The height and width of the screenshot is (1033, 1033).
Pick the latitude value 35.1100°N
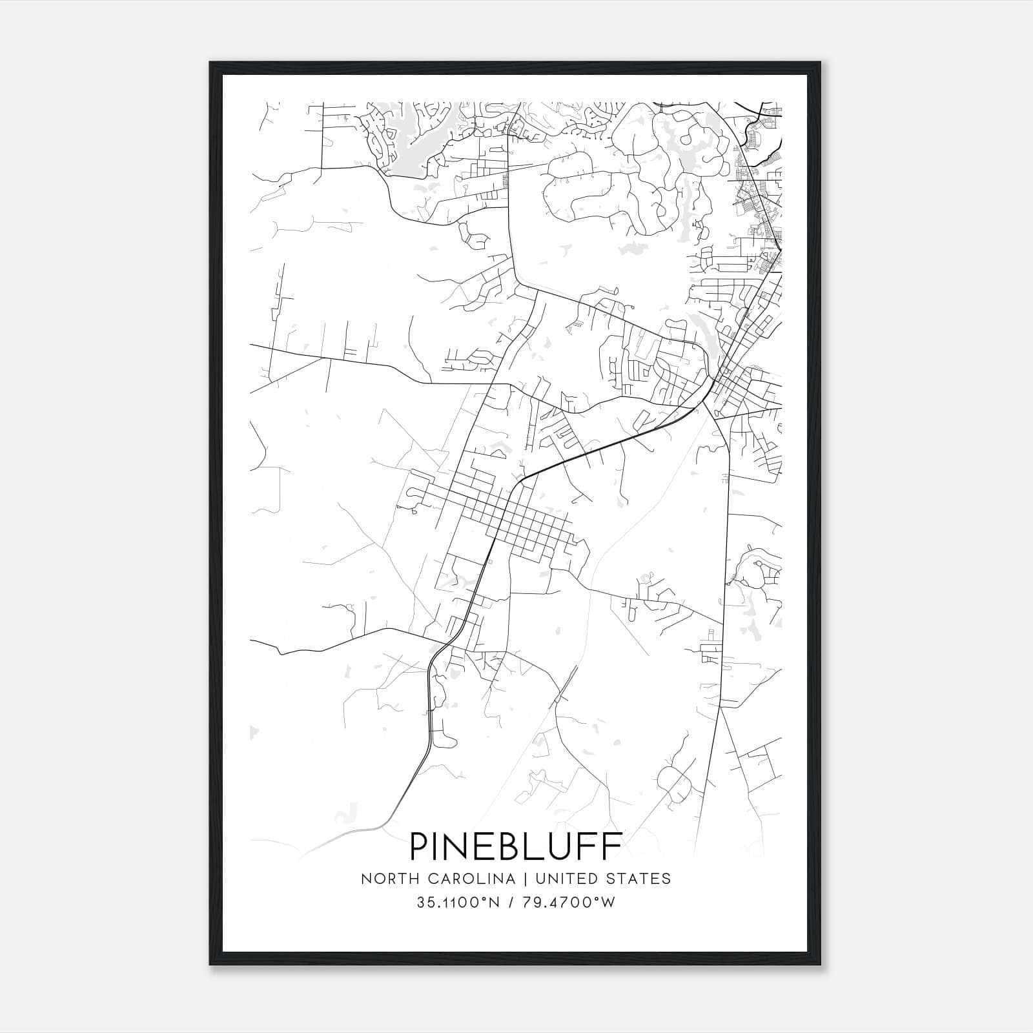458,903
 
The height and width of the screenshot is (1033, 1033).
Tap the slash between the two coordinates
511,903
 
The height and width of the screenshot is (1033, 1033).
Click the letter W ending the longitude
609,903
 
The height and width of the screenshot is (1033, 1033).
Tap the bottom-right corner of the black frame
821,965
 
